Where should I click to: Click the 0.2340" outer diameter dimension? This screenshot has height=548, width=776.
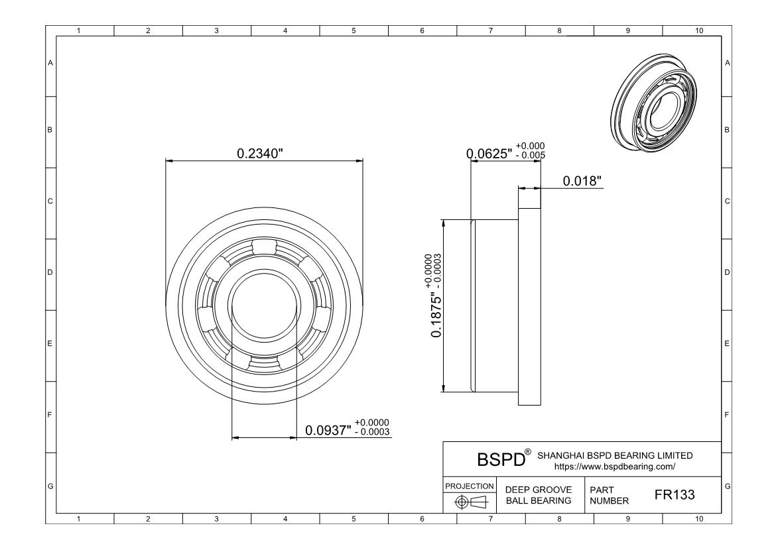(x=260, y=153)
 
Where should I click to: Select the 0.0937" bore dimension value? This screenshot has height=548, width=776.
(x=328, y=430)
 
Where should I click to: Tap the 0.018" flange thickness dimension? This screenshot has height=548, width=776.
(x=582, y=181)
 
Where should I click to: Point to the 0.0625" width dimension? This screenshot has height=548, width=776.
(x=489, y=154)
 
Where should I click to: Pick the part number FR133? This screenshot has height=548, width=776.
(x=675, y=494)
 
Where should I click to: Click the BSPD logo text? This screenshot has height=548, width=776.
(x=501, y=459)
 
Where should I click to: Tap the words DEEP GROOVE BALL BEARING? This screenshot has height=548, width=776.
(x=539, y=495)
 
